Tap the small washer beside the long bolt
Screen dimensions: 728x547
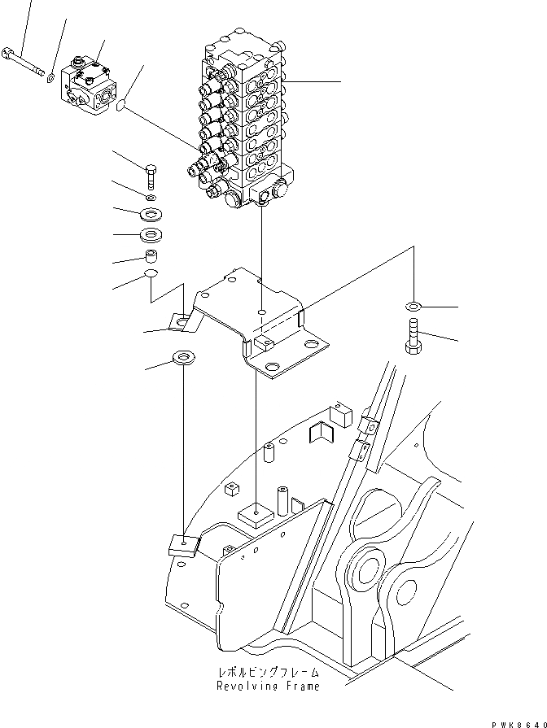(x=50, y=78)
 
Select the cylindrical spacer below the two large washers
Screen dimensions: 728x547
(x=151, y=257)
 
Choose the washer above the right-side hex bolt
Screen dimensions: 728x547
(x=412, y=307)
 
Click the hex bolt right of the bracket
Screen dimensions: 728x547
(x=412, y=335)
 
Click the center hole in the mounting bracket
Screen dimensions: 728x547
(x=260, y=311)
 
